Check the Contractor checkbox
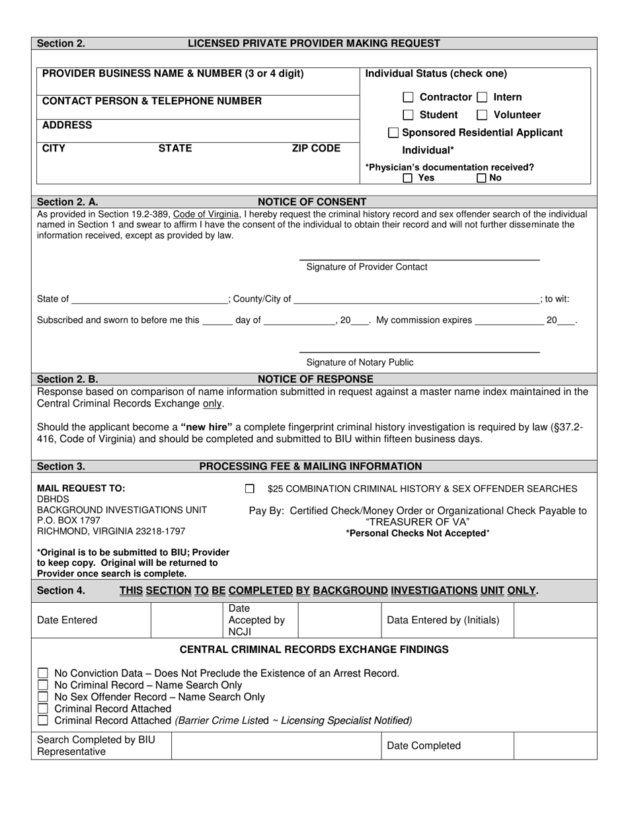coord(409,97)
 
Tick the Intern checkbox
coord(483,97)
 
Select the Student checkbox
coord(409,115)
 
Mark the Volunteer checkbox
coord(483,115)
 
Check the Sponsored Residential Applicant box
coord(393,133)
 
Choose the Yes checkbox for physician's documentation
coord(409,178)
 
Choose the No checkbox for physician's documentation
coord(481,178)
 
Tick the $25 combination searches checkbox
coord(250,489)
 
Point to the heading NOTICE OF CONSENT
coord(312,202)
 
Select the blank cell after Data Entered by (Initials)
coord(555,620)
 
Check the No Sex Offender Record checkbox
coord(43,697)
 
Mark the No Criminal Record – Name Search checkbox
coord(43,685)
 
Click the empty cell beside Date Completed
coord(555,746)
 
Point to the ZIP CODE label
coord(316,148)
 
